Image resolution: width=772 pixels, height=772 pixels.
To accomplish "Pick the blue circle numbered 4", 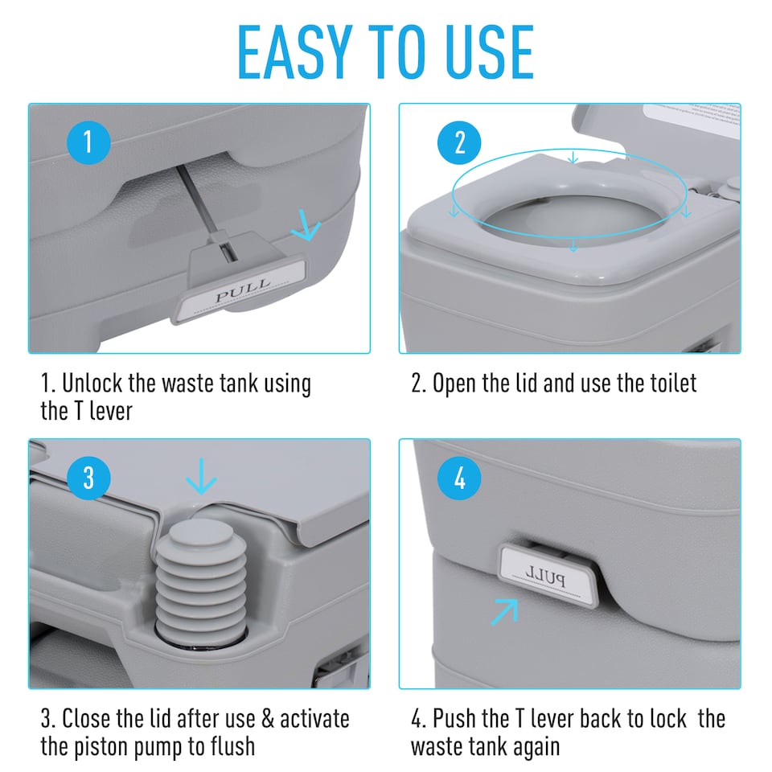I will (x=460, y=479).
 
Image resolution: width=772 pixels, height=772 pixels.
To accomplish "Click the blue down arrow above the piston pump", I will (x=200, y=480).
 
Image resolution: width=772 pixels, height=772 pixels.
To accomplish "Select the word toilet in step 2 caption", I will (x=670, y=383).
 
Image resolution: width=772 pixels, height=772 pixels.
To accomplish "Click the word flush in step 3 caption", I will (x=227, y=745).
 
